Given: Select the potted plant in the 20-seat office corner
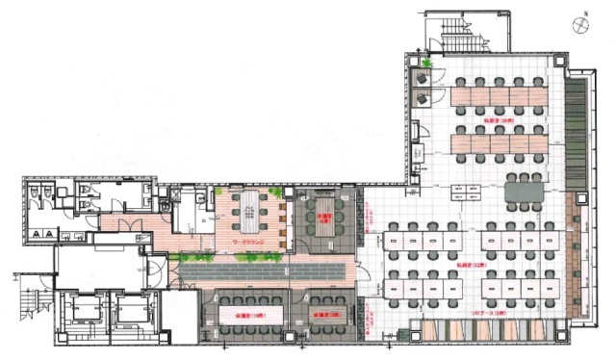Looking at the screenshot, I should click(x=423, y=65).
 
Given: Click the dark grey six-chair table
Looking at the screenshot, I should click(x=526, y=192).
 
